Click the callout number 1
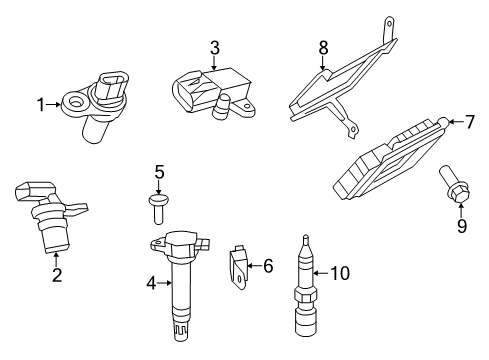tap(41, 103)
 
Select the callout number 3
tap(214, 47)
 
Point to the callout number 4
tap(152, 283)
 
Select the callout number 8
tap(323, 46)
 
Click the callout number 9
tap(461, 225)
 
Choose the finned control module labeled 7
tap(390, 160)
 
